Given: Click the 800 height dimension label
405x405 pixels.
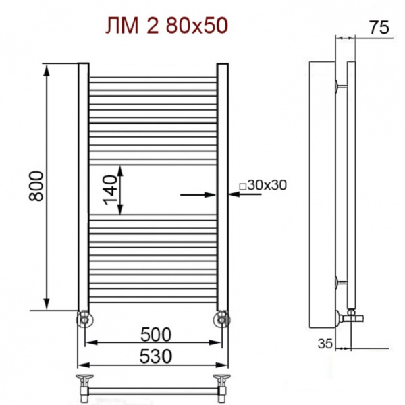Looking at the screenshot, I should (36, 187).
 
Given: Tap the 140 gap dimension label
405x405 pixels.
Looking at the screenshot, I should (110, 190).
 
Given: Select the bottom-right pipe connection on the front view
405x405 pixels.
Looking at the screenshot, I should (221, 317).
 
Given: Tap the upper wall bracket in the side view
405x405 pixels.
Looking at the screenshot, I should (340, 86).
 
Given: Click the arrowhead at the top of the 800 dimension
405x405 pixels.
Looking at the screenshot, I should (47, 68).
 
